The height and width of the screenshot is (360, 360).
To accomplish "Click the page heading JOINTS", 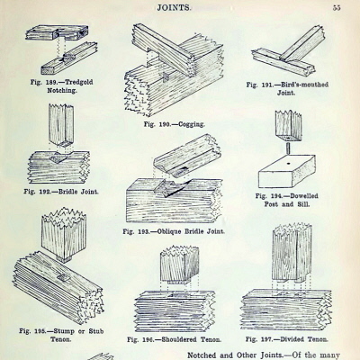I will tap(178, 6).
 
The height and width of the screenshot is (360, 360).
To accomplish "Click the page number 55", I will tap(335, 6).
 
